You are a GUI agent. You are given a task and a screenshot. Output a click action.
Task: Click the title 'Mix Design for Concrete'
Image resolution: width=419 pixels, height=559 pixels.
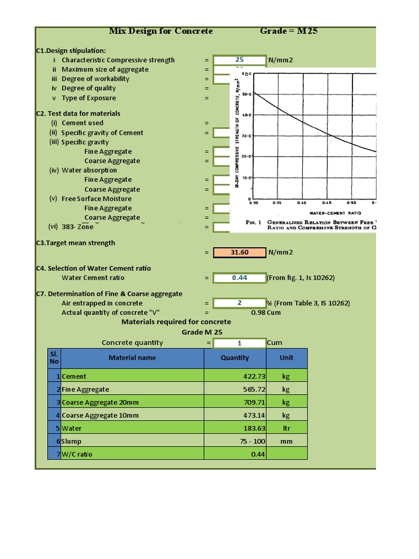pyautogui.click(x=161, y=31)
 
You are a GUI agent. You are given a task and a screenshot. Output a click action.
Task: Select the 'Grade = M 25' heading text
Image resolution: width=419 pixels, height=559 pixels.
pyautogui.click(x=289, y=31)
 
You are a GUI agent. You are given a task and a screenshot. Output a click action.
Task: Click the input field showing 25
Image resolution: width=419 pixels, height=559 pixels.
pyautogui.click(x=240, y=60)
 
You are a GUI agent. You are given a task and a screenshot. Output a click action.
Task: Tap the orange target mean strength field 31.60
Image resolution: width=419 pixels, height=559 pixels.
pyautogui.click(x=240, y=252)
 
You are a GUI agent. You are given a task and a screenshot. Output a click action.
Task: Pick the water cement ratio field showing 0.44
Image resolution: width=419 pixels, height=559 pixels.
pyautogui.click(x=240, y=277)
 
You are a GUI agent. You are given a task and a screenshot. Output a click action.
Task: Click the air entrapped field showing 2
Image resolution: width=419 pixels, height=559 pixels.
pyautogui.click(x=240, y=303)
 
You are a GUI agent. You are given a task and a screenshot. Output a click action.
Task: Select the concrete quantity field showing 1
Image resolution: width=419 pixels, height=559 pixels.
pyautogui.click(x=240, y=343)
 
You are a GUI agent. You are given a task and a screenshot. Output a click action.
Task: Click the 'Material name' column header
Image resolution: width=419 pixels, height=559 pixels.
pyautogui.click(x=132, y=358)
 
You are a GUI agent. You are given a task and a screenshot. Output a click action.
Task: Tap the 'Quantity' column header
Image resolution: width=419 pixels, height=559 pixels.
pyautogui.click(x=235, y=358)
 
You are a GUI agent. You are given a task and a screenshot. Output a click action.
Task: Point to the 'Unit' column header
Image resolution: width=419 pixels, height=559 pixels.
pyautogui.click(x=286, y=358)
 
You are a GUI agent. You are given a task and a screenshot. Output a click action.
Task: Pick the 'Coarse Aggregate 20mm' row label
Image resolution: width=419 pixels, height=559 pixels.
pyautogui.click(x=100, y=402)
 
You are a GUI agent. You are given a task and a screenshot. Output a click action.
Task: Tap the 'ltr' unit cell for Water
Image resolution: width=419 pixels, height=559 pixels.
pyautogui.click(x=286, y=429)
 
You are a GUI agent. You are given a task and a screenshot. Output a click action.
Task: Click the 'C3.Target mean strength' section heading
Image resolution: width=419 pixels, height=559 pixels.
pyautogui.click(x=75, y=243)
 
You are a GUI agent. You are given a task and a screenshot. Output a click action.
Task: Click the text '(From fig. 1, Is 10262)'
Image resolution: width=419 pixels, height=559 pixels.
pyautogui.click(x=301, y=278)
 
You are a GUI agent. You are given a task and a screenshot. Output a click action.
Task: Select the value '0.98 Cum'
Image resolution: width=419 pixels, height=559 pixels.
pyautogui.click(x=266, y=313)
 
